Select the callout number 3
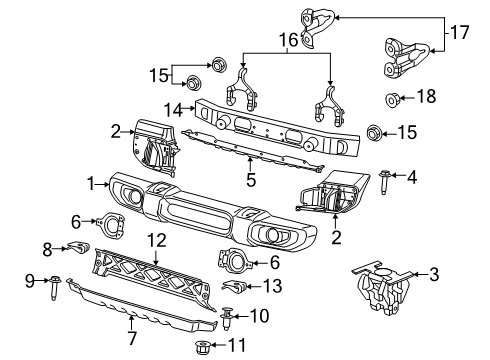pyautogui.click(x=433, y=273)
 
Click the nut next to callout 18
pyautogui.click(x=393, y=99)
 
